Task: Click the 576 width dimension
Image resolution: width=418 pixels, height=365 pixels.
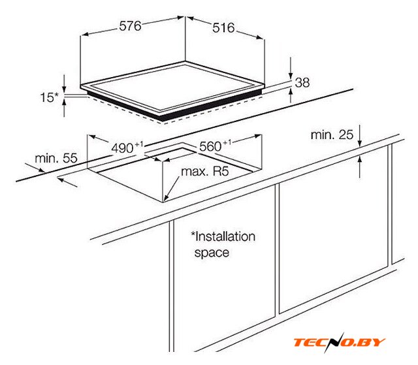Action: [x=130, y=26]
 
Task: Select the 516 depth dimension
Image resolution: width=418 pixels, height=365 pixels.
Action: [x=223, y=28]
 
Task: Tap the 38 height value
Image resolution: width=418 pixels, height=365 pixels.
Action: [x=302, y=82]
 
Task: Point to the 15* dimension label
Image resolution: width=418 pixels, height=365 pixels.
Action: [x=49, y=97]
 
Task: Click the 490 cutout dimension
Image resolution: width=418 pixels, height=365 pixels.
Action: [x=127, y=148]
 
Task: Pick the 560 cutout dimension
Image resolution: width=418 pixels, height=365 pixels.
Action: [x=215, y=146]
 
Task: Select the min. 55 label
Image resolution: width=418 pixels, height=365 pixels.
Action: [x=56, y=158]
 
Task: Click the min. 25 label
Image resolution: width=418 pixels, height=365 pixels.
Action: [x=332, y=135]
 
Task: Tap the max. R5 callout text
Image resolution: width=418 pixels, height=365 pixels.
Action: [x=205, y=171]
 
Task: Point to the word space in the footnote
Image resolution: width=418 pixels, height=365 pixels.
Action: [x=212, y=252]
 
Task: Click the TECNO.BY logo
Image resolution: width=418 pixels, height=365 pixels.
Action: [x=340, y=342]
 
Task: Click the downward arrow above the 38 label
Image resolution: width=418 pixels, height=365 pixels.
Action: [x=291, y=68]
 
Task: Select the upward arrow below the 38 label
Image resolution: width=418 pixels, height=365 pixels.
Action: [x=291, y=95]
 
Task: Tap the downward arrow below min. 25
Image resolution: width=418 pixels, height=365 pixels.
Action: [x=360, y=136]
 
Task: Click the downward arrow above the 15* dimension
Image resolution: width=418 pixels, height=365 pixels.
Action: [x=64, y=84]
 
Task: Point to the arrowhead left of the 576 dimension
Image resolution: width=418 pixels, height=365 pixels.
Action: [x=84, y=35]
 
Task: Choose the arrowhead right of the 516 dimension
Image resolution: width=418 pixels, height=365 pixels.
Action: [x=260, y=37]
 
